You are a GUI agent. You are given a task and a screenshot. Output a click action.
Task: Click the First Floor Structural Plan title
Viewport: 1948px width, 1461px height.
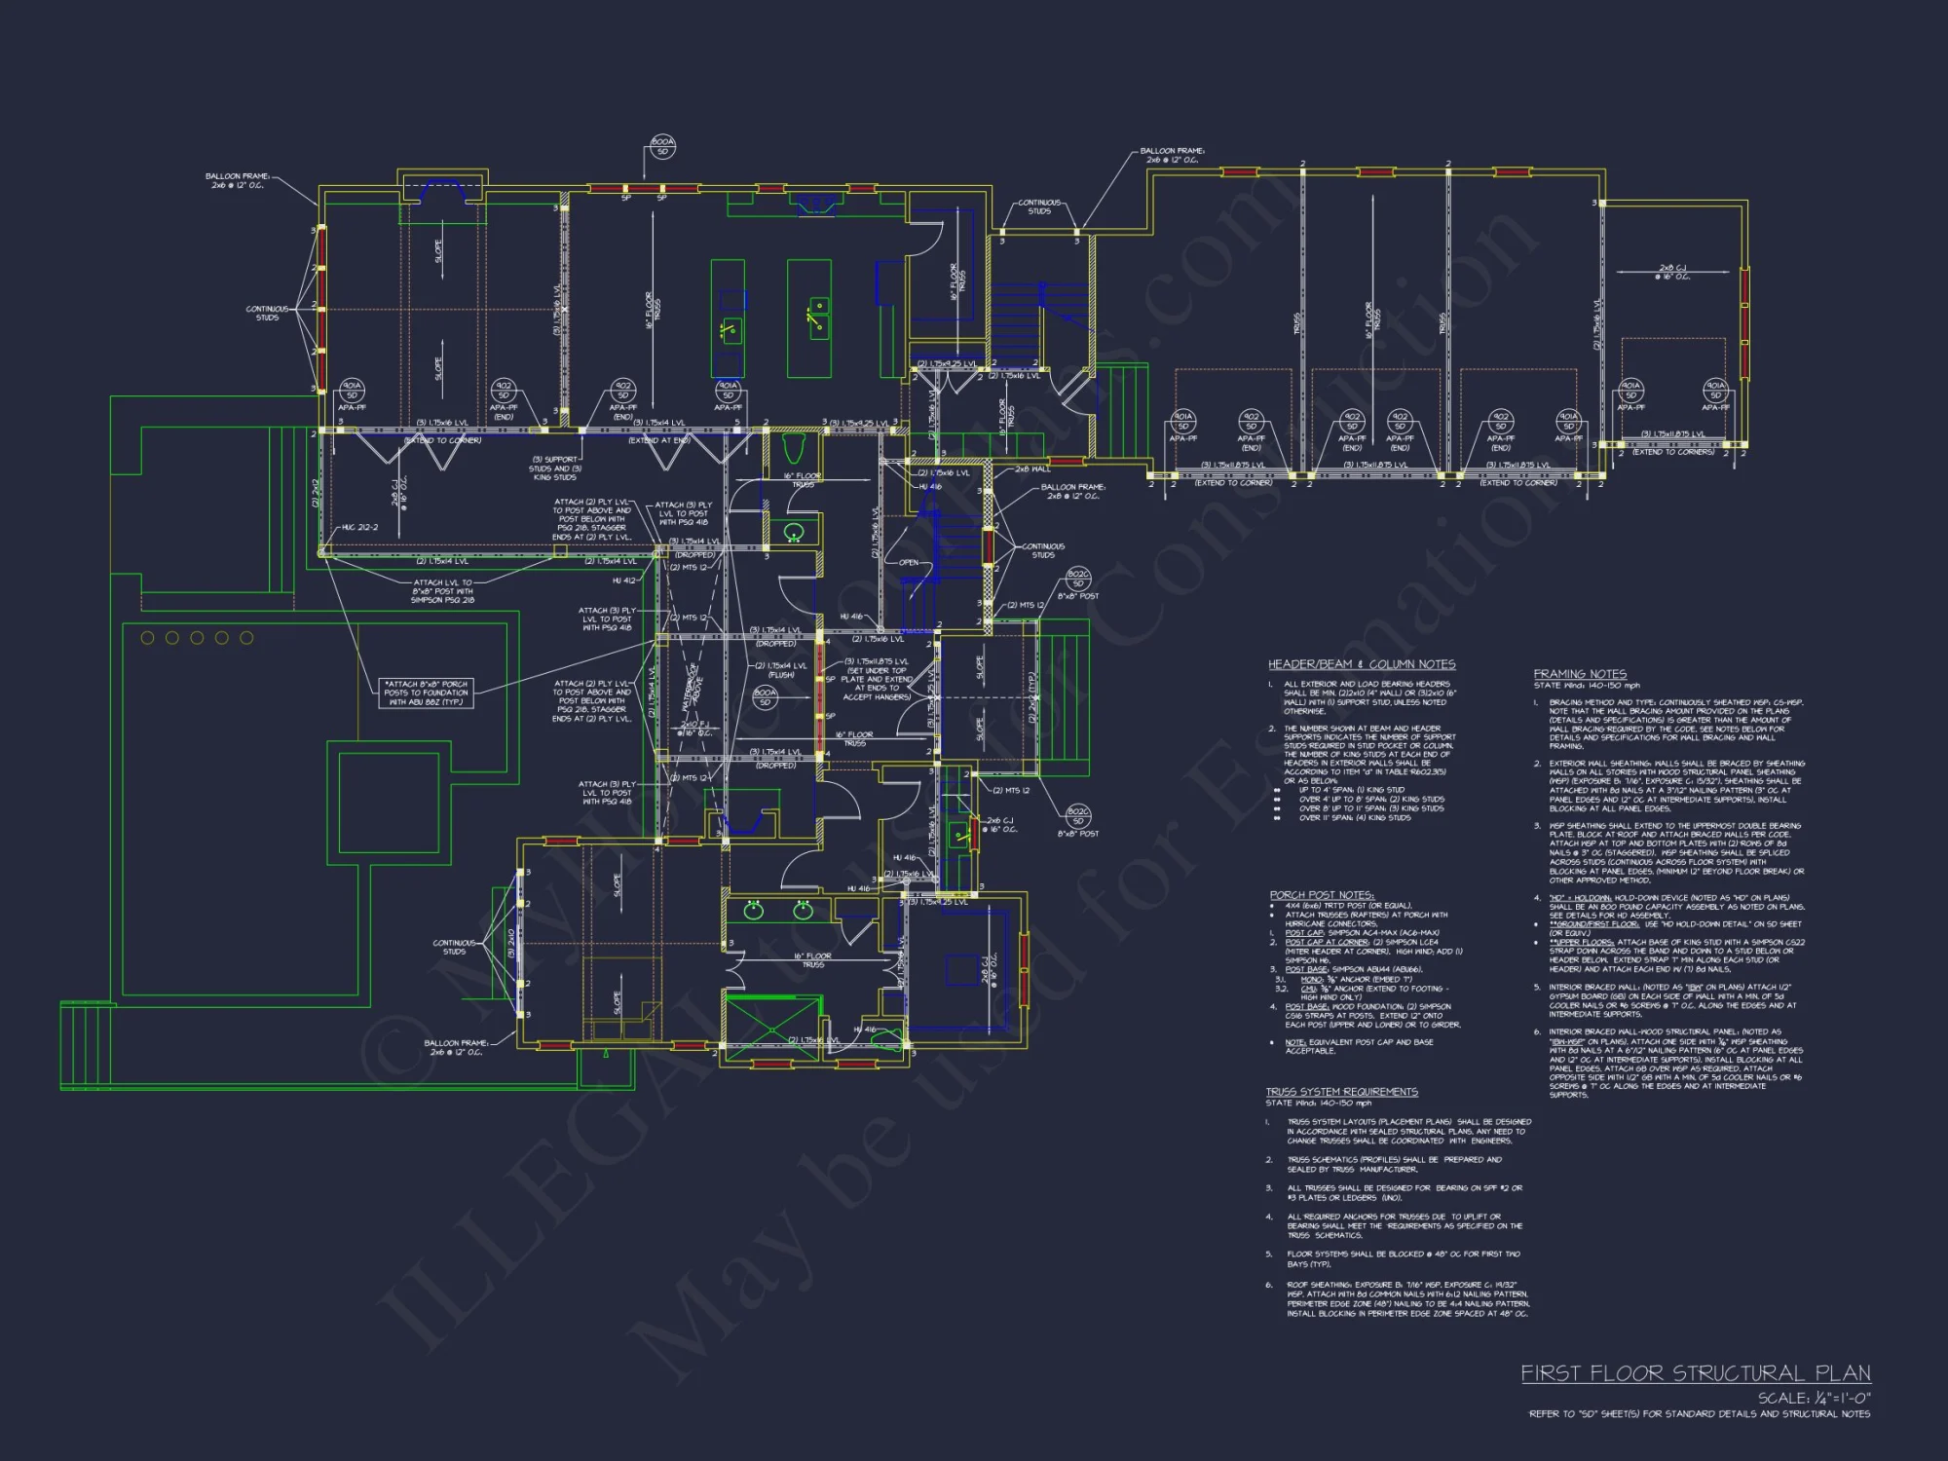(x=1695, y=1373)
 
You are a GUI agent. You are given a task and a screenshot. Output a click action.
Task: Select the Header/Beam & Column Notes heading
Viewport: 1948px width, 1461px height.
(x=1361, y=664)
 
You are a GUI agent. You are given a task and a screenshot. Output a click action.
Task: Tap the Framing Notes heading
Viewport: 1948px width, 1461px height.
(x=1579, y=674)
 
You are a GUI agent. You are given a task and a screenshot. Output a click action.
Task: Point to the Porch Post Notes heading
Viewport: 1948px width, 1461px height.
(x=1321, y=895)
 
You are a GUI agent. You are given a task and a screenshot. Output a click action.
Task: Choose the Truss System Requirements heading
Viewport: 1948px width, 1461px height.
(x=1341, y=1092)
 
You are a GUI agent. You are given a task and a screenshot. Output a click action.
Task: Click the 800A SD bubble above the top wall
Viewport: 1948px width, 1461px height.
(x=662, y=146)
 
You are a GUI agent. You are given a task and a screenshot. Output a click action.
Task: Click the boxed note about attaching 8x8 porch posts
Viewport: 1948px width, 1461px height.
(x=426, y=693)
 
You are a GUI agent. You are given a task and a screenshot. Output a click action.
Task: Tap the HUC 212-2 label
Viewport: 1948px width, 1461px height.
(x=359, y=527)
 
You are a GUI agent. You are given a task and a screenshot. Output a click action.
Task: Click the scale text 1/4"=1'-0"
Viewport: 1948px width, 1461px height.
(x=1814, y=1398)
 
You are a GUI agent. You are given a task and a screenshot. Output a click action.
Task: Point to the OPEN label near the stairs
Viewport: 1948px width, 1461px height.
(x=908, y=563)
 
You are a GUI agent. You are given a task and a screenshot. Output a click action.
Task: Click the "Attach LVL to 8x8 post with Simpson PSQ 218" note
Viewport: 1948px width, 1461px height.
(x=443, y=591)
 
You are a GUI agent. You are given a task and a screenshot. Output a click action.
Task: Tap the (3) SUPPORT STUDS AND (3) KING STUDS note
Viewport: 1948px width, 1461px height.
(x=555, y=468)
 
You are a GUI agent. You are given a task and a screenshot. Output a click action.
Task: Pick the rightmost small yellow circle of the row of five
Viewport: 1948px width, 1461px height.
(x=246, y=638)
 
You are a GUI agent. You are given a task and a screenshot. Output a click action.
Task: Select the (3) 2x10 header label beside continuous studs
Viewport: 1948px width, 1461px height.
(x=510, y=942)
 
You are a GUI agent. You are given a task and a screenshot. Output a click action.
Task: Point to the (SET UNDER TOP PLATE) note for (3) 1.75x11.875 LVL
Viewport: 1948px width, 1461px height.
(x=876, y=679)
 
